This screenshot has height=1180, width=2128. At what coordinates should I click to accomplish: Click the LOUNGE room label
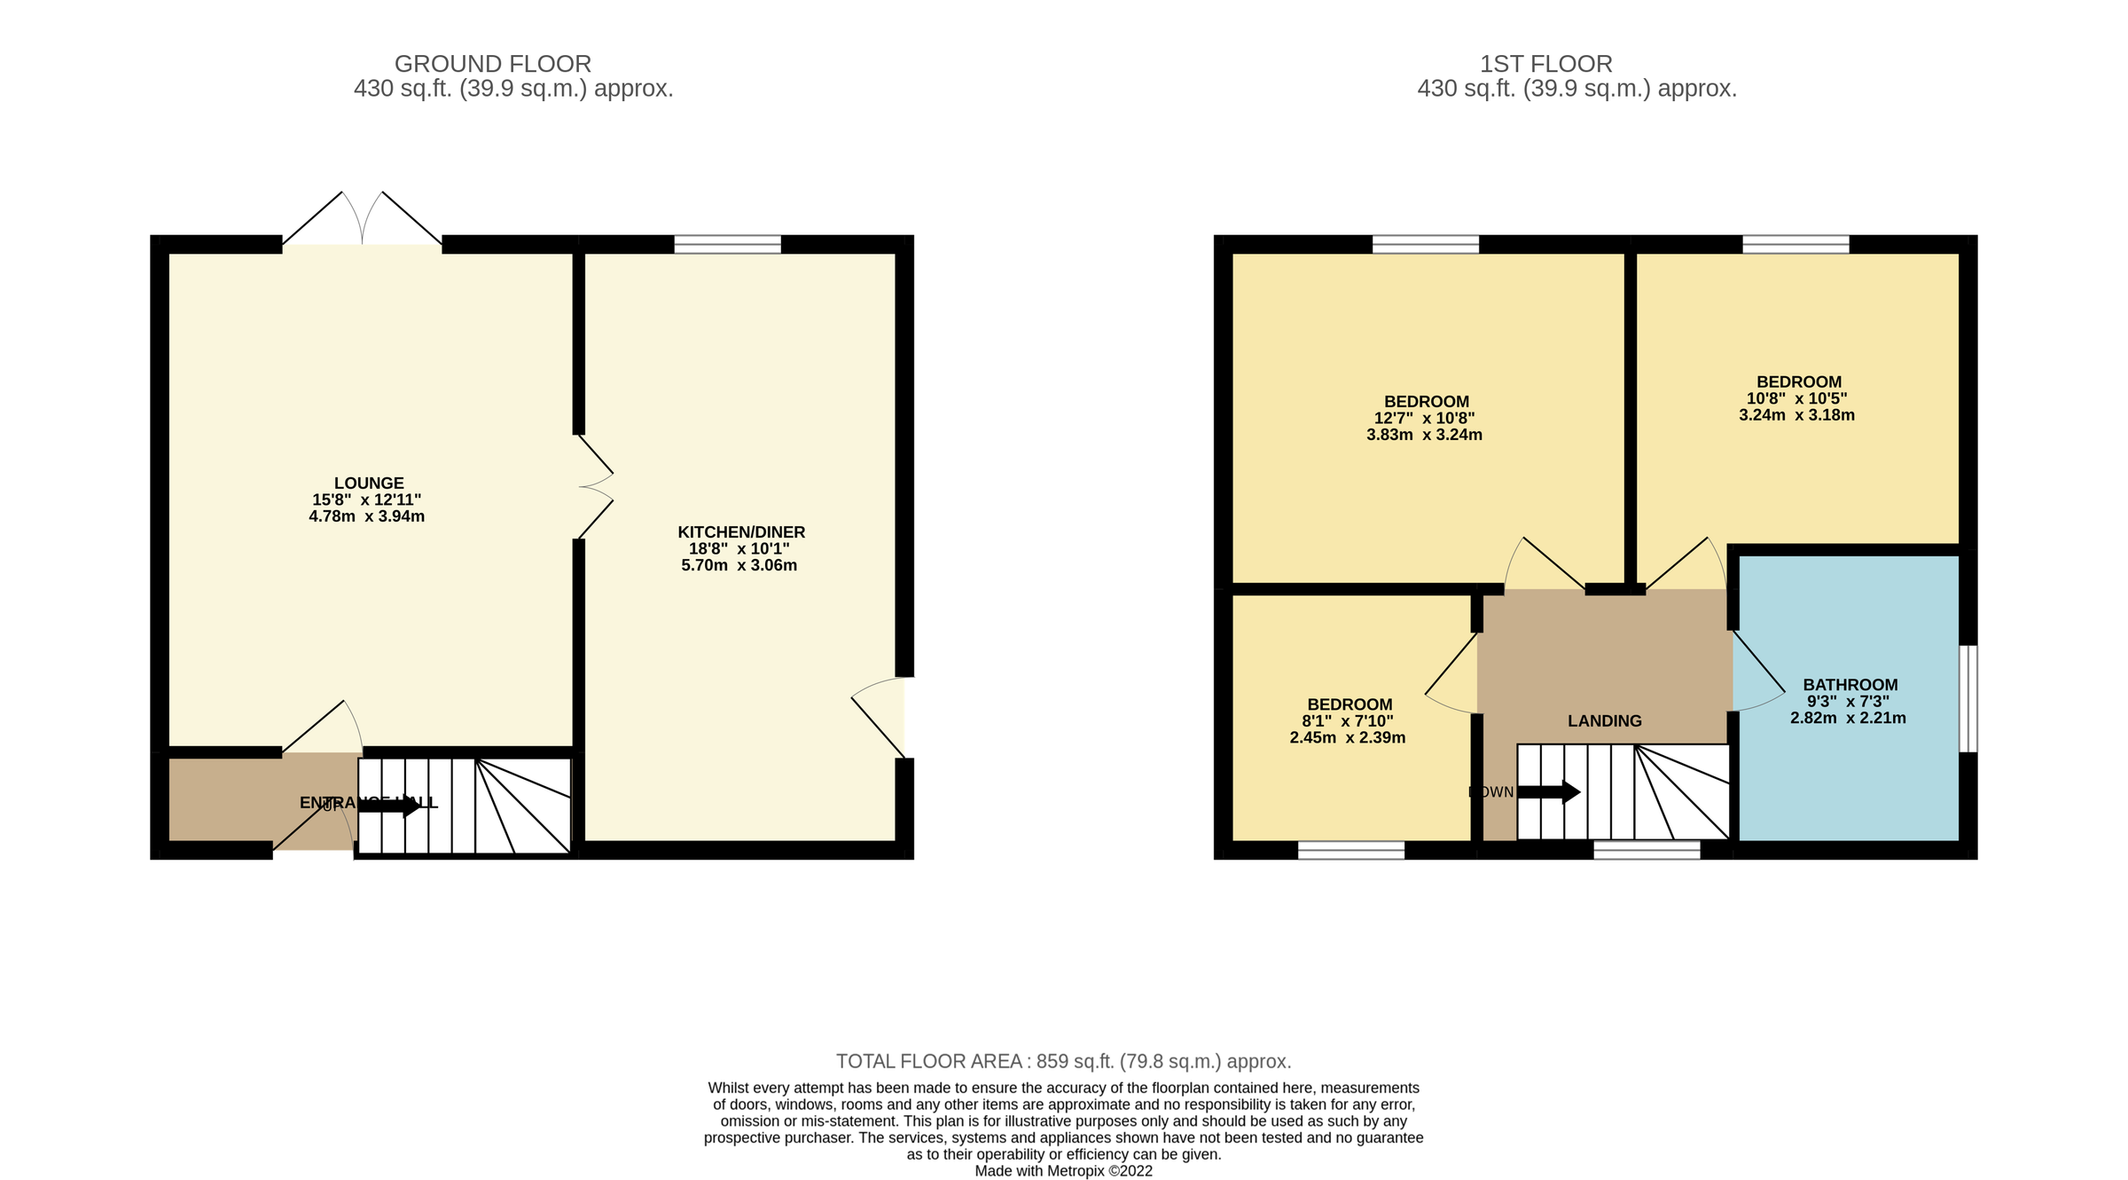pos(369,484)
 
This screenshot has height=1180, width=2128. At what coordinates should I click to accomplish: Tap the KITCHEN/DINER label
pos(741,532)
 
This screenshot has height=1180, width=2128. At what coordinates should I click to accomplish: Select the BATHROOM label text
pos(1850,685)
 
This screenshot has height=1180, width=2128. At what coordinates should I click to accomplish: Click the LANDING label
pos(1604,721)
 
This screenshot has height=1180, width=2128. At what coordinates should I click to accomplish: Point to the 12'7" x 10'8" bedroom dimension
pos(1424,419)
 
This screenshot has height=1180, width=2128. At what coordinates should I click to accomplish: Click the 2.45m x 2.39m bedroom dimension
pos(1347,738)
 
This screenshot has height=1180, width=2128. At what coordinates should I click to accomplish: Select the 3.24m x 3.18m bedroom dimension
pos(1796,415)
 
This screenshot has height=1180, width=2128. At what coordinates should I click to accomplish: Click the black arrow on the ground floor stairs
pos(390,806)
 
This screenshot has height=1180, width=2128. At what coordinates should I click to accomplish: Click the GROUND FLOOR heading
pos(493,64)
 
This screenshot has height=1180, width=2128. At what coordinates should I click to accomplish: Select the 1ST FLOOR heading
pos(1545,64)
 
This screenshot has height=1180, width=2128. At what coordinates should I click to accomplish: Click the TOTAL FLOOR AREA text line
pos(1063,1061)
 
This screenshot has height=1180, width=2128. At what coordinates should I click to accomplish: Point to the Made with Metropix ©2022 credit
pos(1063,1171)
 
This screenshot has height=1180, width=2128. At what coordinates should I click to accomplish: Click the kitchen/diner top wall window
pos(727,244)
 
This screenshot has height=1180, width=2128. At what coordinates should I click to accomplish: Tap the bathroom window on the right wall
pos(1968,698)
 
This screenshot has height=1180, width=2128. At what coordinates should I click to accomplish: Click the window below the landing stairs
pos(1647,850)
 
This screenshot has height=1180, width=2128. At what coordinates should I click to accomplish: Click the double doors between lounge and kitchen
pos(594,487)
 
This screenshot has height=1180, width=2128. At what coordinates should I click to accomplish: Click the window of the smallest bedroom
pos(1350,850)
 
